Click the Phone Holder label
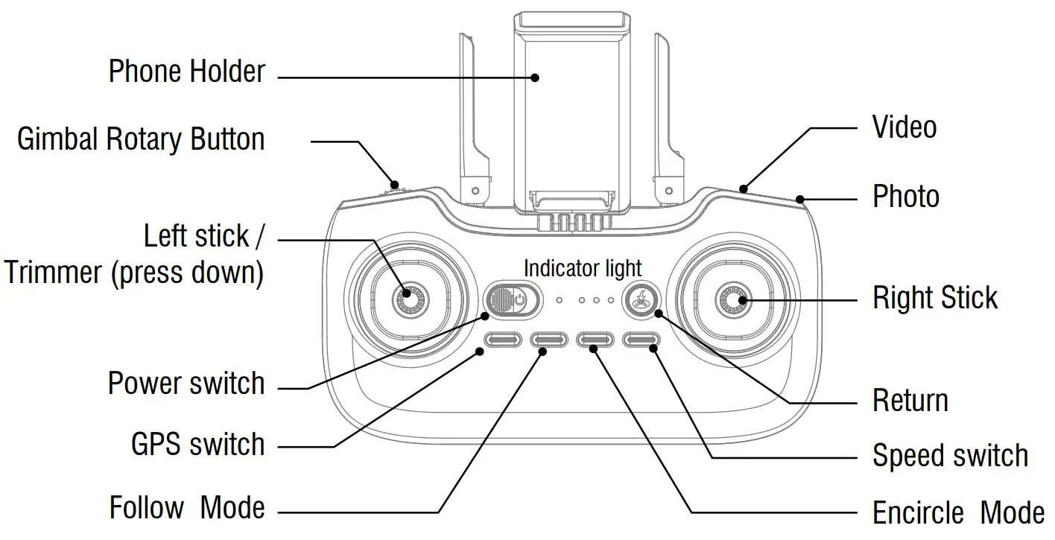click(x=186, y=72)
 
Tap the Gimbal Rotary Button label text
click(x=141, y=139)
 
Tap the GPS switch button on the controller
click(x=502, y=340)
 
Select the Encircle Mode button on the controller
click(x=595, y=340)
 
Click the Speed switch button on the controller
click(x=641, y=340)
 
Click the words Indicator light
click(x=582, y=267)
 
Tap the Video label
click(x=904, y=127)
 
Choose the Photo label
click(x=905, y=197)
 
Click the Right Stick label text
click(x=934, y=298)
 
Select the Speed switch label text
click(x=950, y=455)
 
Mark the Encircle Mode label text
click(x=958, y=512)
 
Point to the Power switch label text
click(x=186, y=384)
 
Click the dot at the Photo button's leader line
click(x=800, y=199)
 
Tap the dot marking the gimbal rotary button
click(x=395, y=184)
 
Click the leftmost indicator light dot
click(x=560, y=301)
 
